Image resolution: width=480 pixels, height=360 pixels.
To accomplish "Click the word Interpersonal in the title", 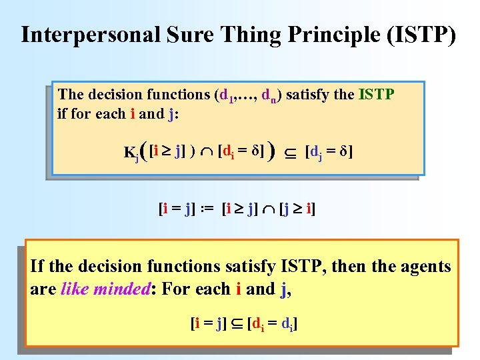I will (x=90, y=35).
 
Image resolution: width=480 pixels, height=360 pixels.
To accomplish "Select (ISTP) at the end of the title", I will (x=421, y=35).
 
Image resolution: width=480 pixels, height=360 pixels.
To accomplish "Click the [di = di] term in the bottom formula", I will (x=272, y=325).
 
